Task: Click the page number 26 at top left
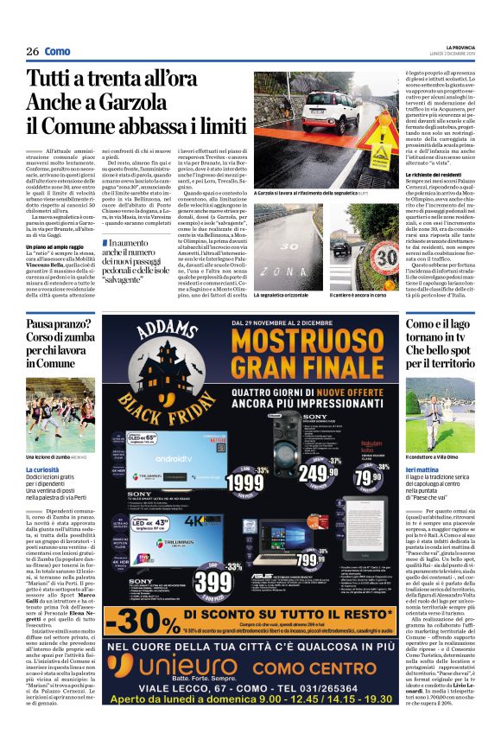click(x=32, y=51)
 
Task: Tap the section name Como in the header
click(x=58, y=51)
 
